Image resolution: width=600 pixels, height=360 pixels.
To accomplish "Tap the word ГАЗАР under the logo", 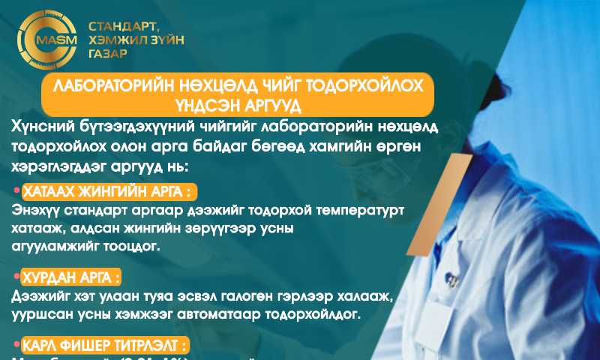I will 108,54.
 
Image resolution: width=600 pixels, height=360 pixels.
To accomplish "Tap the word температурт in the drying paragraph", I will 359,211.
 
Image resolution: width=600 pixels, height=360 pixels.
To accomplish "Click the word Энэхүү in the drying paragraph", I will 34,211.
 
